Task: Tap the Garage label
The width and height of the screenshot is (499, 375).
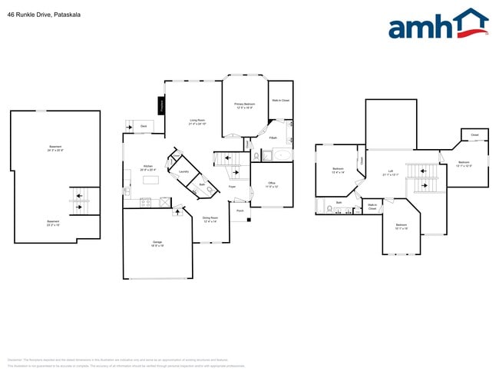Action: coord(157,243)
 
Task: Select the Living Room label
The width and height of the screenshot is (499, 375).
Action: coord(197,121)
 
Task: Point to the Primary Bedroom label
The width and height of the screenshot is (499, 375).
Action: coord(245,105)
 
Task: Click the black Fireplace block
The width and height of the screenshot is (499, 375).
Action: coord(161,105)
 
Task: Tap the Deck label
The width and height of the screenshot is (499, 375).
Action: coord(144,125)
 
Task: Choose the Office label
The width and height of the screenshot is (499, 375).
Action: coord(272,184)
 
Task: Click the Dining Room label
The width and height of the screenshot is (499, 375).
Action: coord(210,219)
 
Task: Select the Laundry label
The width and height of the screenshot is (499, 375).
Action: coord(183,171)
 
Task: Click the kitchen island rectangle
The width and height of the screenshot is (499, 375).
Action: coord(150,180)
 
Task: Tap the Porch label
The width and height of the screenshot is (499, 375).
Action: coord(240,210)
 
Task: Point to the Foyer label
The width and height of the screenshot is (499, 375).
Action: coord(232,187)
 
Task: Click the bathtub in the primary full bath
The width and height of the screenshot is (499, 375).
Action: coord(282,155)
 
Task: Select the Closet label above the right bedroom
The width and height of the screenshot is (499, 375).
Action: coord(474,135)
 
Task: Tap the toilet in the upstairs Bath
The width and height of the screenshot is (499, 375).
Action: coord(329,207)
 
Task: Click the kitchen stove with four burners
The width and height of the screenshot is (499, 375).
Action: coord(146,202)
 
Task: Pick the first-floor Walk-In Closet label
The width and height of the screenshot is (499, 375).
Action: coord(280,101)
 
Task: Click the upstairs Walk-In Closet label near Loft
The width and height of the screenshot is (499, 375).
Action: coord(372,206)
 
